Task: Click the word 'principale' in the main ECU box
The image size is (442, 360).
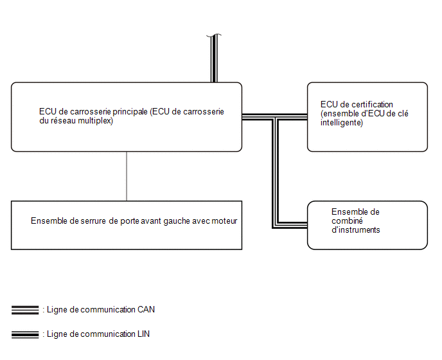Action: click(x=130, y=112)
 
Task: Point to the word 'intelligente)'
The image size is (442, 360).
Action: click(x=342, y=123)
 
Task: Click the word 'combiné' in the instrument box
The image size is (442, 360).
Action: click(x=347, y=221)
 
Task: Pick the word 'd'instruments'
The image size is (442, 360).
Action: click(x=356, y=230)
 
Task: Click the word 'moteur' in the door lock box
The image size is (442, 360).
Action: click(x=224, y=221)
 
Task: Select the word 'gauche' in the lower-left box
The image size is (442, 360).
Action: click(x=177, y=221)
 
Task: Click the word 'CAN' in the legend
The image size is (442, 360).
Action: click(x=146, y=309)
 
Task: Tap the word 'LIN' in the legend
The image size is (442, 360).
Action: click(x=143, y=334)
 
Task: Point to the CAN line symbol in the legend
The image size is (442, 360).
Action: click(x=25, y=310)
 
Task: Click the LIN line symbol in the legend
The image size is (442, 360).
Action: click(x=25, y=335)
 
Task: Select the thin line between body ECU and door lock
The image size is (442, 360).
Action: click(x=127, y=176)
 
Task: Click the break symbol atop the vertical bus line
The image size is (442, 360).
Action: click(x=214, y=35)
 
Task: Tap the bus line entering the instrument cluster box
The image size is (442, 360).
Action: click(x=292, y=225)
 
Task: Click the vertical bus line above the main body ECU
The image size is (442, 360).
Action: click(x=214, y=59)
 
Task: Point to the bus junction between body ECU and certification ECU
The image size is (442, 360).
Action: click(x=276, y=117)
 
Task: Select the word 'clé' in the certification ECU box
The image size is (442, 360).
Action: click(x=403, y=113)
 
